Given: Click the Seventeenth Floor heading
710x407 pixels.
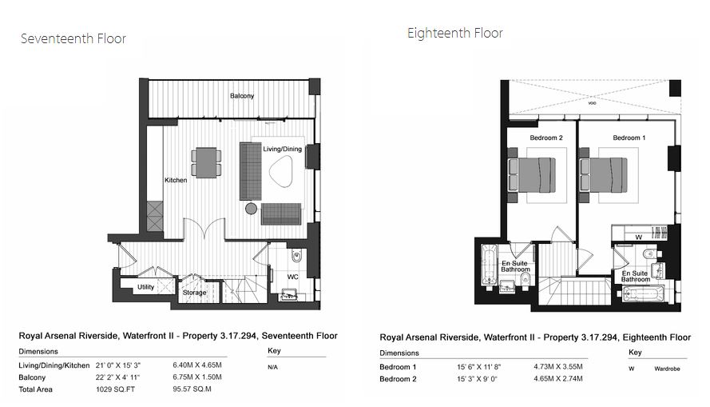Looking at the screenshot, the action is (73, 38).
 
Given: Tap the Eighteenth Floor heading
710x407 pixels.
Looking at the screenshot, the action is (455, 33).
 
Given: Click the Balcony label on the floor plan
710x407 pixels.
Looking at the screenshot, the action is (242, 96).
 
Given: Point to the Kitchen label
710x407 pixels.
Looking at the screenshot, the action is (176, 180).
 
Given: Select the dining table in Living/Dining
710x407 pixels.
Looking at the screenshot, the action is (206, 162).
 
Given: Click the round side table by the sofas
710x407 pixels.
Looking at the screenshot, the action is (251, 209).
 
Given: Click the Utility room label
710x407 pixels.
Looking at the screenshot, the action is (146, 287).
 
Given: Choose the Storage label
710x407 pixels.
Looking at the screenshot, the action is (195, 293).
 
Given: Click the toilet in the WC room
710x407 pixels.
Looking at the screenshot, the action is (297, 256).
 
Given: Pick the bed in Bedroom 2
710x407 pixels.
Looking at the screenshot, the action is (532, 175).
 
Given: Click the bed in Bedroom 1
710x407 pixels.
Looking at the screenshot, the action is (604, 175).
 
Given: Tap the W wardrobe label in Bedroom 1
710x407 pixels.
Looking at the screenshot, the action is (638, 237).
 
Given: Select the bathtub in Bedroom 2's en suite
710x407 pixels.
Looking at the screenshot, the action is (489, 265).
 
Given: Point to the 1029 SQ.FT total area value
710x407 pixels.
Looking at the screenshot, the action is (116, 389).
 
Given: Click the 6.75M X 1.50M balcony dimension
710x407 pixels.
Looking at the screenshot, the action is (197, 377).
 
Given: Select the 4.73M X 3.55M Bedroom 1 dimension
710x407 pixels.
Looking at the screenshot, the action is (558, 367).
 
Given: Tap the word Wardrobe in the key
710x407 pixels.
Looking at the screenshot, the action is (667, 369).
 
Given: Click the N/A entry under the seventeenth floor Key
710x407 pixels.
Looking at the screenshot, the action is (272, 367).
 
